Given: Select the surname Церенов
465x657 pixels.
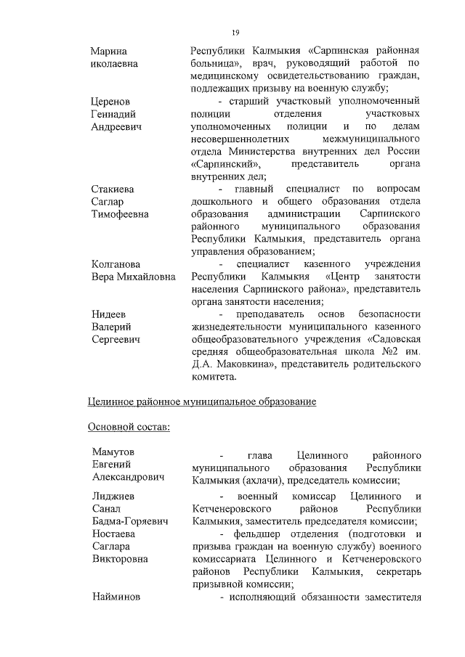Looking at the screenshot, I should click(x=110, y=101).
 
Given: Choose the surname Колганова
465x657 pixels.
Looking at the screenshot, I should click(x=116, y=264).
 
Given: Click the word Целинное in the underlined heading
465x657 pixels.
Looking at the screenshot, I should click(x=112, y=401).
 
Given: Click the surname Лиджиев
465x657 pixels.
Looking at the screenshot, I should click(x=112, y=496).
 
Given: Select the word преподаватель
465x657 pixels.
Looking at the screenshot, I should click(x=270, y=314).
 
